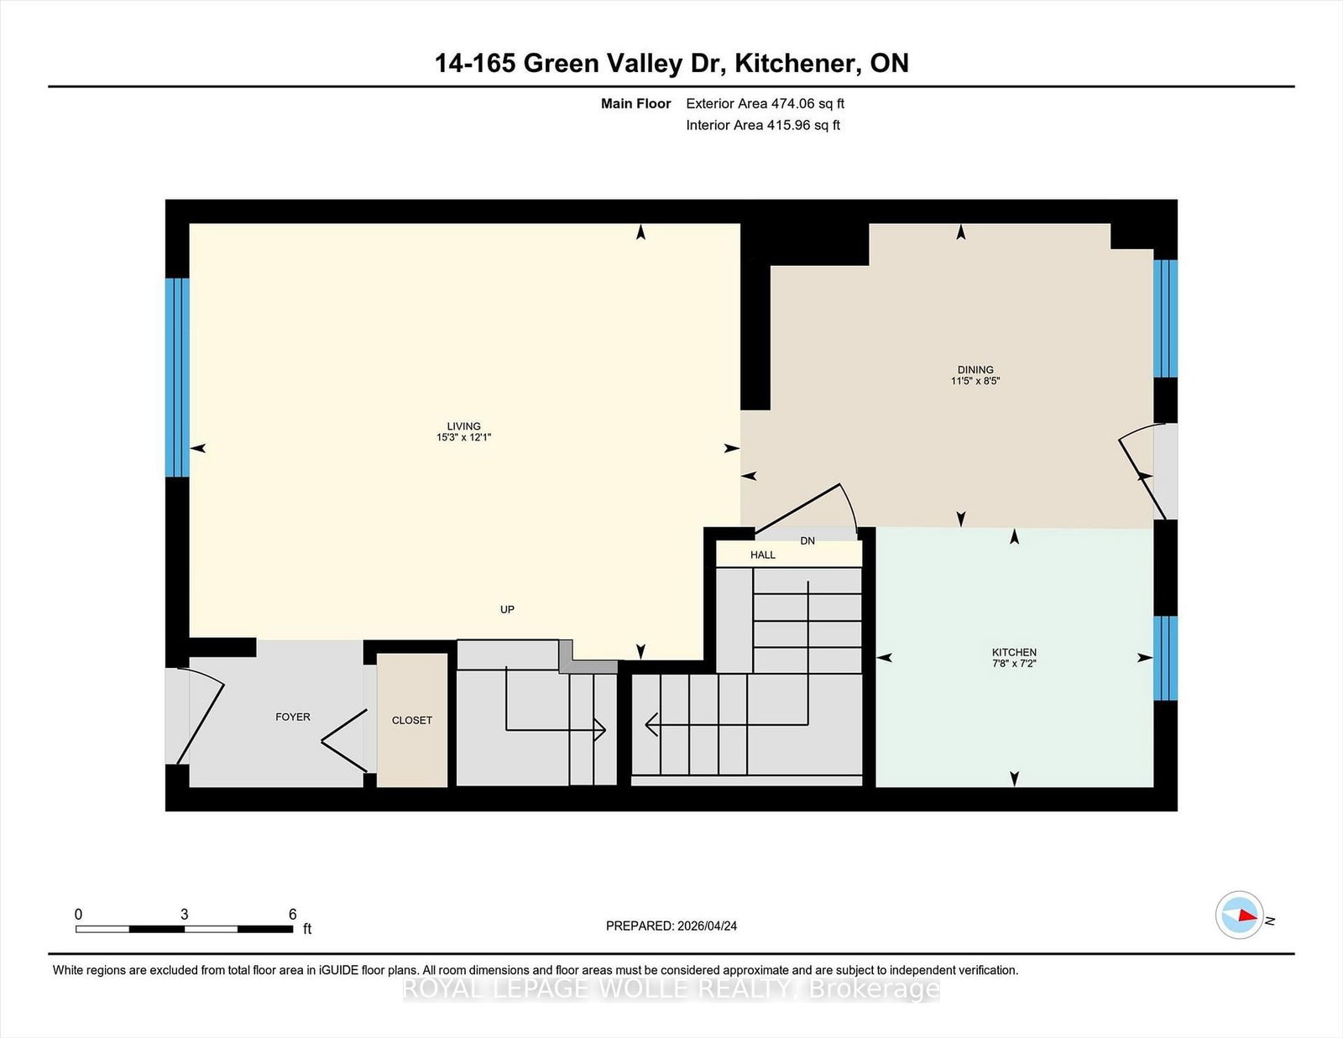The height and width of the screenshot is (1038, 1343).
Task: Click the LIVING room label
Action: coord(463,426)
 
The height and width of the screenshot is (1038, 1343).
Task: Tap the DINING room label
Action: coord(975,370)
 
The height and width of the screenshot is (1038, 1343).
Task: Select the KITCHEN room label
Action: coord(1014,653)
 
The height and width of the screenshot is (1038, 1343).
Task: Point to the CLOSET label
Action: coord(411,721)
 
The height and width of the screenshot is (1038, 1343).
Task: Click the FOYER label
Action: coord(293,717)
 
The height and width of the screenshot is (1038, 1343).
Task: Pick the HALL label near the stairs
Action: coord(763,555)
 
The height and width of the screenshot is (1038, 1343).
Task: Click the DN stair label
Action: coord(807,540)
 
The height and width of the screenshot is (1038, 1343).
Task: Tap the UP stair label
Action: coord(508,609)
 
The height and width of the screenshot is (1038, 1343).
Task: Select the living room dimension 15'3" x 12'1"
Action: coord(463,437)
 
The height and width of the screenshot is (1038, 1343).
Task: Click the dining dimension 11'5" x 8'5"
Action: coord(975,381)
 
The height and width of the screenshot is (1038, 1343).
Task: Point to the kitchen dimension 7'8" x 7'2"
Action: coord(1014,664)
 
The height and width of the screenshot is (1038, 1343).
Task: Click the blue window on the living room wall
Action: coord(177,378)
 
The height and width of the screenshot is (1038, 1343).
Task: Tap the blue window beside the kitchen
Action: coord(1166,658)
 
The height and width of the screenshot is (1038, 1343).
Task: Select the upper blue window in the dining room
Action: coord(1166,319)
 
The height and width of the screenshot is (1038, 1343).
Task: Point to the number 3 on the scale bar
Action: coord(184,915)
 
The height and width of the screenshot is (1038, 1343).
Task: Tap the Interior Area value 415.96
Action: coord(788,125)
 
